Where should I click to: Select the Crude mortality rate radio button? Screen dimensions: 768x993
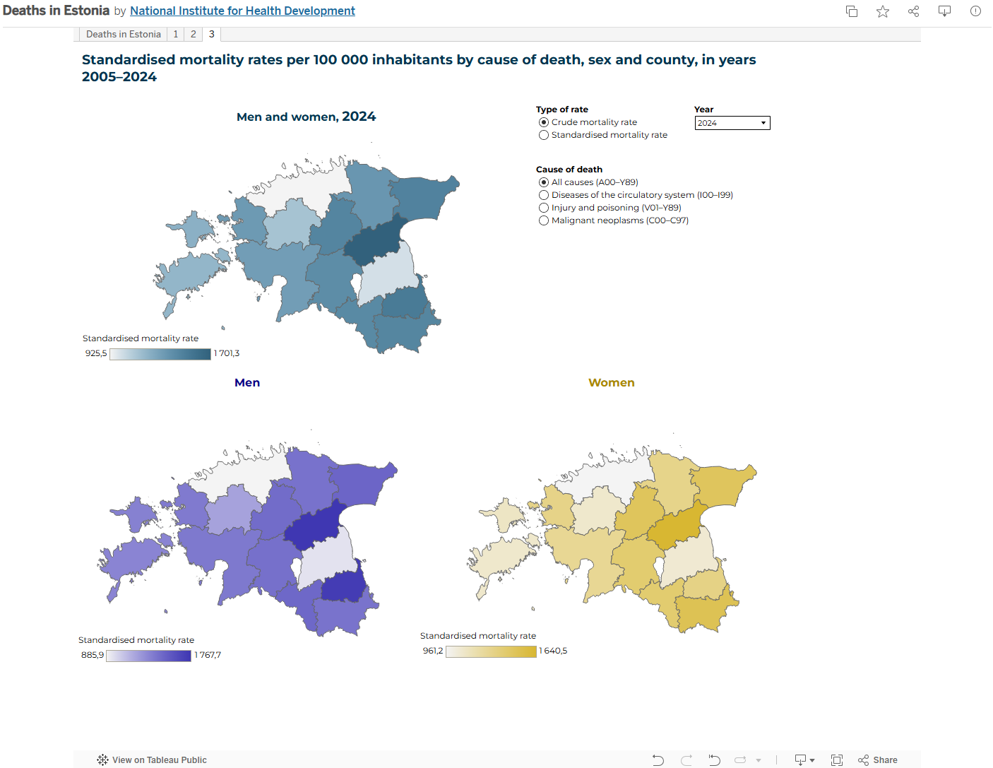(544, 122)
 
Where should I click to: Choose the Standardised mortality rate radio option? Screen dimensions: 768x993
(544, 135)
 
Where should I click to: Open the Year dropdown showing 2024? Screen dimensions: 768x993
(732, 123)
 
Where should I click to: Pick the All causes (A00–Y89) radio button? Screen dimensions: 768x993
(544, 182)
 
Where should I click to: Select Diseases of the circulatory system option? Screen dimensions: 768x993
(544, 195)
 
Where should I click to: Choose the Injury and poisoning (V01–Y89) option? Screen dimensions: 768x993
(544, 208)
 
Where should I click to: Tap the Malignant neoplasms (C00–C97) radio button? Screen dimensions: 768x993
(544, 220)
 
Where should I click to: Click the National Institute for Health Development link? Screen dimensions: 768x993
(242, 11)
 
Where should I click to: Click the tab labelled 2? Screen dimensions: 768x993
(194, 34)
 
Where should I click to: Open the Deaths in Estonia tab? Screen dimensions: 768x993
(124, 34)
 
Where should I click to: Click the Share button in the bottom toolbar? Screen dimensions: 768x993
(878, 760)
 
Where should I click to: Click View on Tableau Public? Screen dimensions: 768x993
(152, 760)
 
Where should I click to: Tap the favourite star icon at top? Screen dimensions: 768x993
(883, 11)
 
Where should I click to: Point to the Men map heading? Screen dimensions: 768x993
(247, 382)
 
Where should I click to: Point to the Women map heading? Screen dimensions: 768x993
(612, 382)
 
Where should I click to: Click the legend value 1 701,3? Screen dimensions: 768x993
(227, 353)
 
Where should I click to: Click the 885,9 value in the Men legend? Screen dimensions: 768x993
(93, 655)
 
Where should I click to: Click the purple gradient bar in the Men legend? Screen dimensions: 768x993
(148, 656)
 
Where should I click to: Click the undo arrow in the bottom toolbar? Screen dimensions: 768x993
(658, 760)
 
